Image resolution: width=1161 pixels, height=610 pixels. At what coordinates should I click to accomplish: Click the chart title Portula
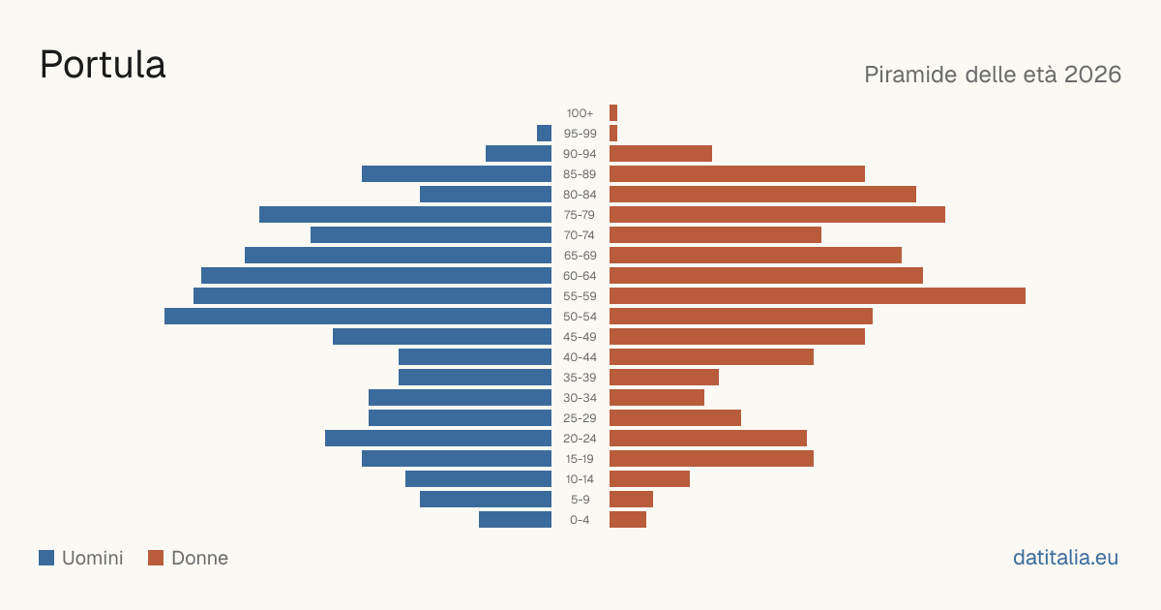[x=103, y=65]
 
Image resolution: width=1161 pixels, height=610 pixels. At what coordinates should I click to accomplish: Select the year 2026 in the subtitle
[x=1092, y=75]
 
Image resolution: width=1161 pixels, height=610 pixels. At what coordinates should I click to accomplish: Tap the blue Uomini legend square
[x=46, y=558]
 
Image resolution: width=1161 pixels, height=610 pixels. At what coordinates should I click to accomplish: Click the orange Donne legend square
[x=156, y=558]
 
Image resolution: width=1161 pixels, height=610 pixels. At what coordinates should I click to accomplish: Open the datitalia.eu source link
[x=1065, y=558]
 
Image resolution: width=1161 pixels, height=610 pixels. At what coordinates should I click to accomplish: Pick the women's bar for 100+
[x=613, y=112]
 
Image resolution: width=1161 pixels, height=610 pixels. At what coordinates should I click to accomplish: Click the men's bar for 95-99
[x=544, y=133]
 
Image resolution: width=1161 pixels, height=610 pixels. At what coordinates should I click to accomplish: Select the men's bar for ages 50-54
[x=358, y=316]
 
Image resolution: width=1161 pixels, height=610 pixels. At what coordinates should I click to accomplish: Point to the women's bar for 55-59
[x=818, y=295]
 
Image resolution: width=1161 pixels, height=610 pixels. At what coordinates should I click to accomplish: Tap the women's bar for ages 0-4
[x=628, y=519]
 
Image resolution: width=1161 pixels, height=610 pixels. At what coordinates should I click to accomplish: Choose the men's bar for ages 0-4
[x=515, y=519]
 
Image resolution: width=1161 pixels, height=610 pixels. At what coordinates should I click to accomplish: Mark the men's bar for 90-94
[x=519, y=154]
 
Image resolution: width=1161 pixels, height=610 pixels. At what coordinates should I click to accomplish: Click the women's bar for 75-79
[x=778, y=214]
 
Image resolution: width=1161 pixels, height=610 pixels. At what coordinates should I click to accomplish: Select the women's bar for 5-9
[x=631, y=499]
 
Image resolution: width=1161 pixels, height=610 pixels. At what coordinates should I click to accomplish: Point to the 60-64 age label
[x=580, y=276]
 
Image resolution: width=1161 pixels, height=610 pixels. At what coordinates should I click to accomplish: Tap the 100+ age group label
[x=580, y=113]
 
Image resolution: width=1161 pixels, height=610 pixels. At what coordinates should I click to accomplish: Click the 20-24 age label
[x=580, y=439]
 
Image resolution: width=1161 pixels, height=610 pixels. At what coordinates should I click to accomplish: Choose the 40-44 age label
[x=580, y=357]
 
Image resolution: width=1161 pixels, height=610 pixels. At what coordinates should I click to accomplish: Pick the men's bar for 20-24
[x=438, y=438]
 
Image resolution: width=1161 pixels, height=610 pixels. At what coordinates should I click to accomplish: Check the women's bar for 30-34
[x=657, y=397]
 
